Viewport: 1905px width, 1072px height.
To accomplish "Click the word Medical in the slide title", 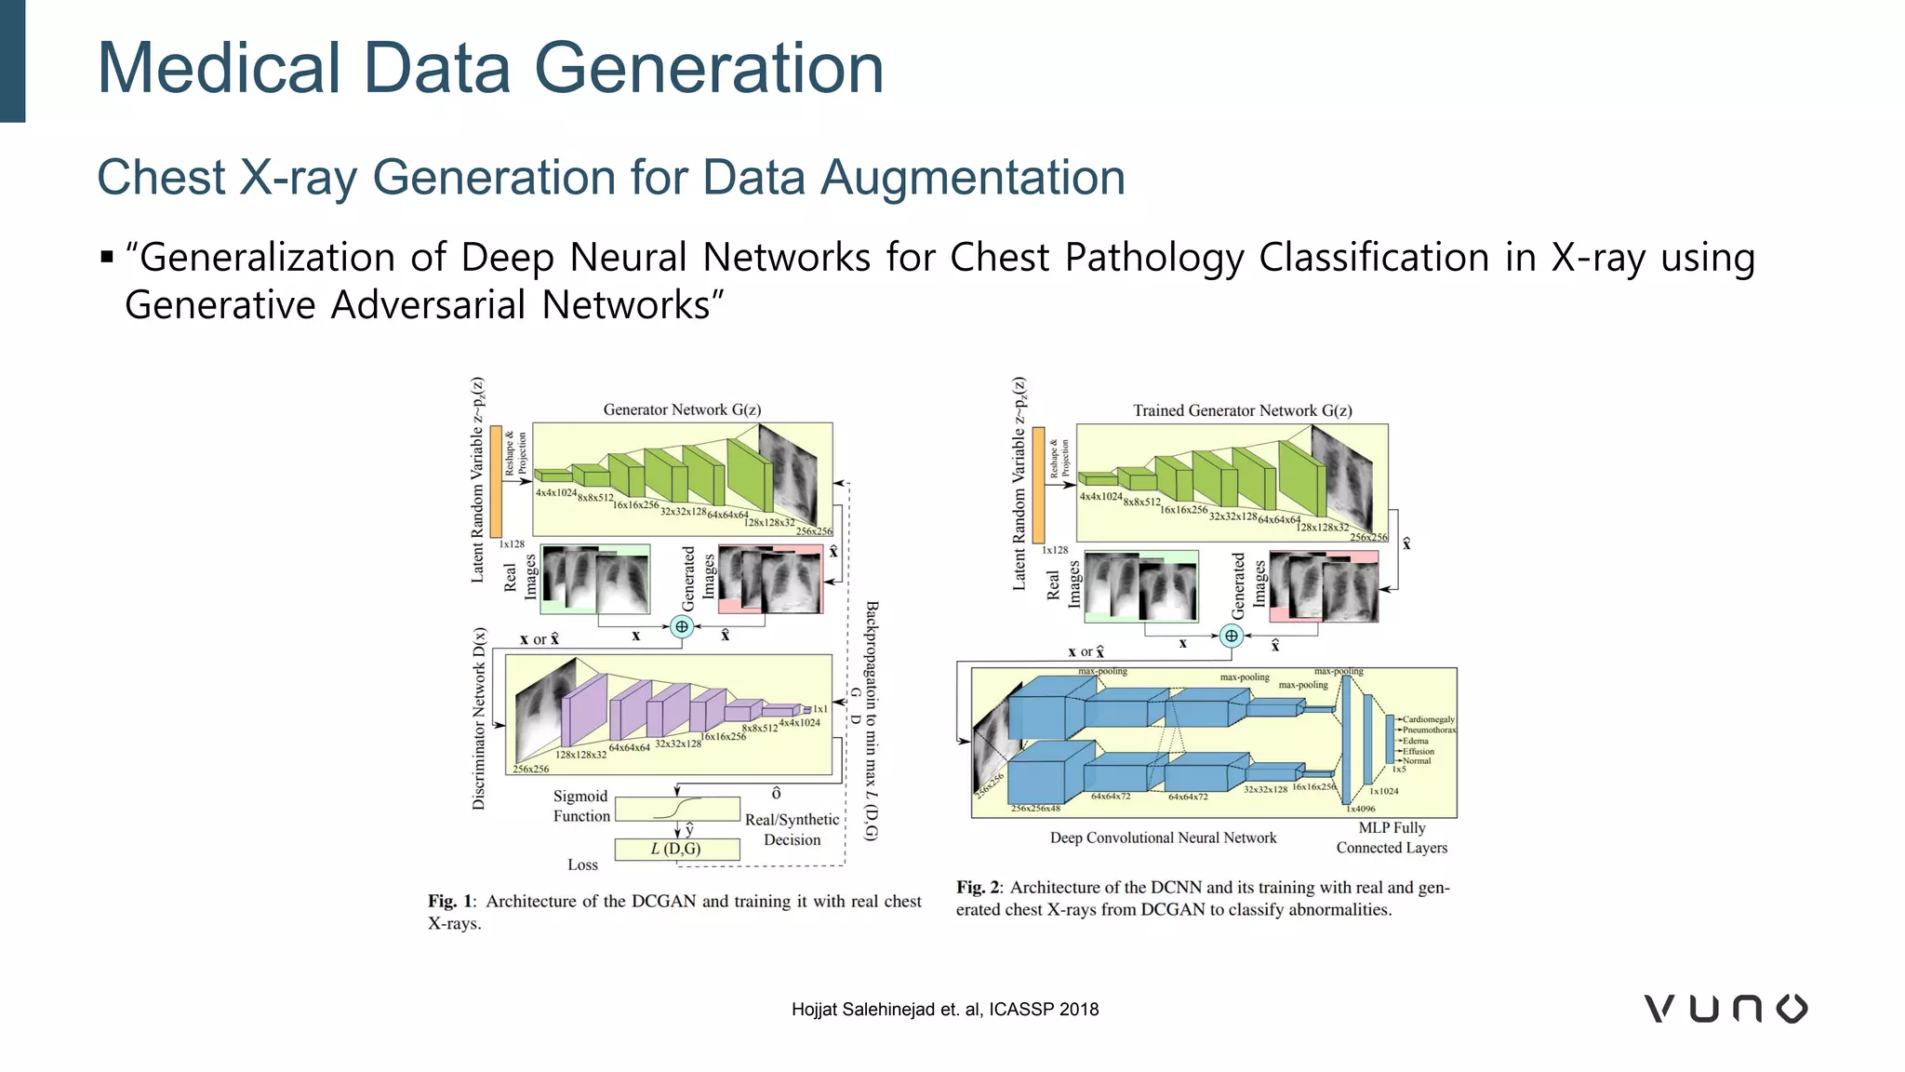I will click(220, 69).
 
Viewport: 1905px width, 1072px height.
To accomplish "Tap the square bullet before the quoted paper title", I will click(107, 257).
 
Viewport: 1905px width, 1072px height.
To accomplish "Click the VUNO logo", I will click(1725, 1009).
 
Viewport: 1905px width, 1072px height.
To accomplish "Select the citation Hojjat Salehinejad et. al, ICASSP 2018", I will click(944, 1010).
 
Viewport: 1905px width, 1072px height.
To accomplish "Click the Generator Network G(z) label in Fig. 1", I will click(682, 409).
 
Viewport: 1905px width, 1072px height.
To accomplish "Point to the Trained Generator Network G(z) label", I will click(1242, 410).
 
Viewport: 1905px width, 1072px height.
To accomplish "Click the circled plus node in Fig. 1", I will click(682, 626).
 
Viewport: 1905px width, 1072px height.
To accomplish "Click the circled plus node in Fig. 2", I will click(1232, 636).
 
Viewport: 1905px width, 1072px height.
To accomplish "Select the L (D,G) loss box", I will click(677, 849).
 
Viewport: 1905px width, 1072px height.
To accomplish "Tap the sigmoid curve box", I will click(677, 808).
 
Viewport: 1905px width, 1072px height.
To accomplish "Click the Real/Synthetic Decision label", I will click(792, 829).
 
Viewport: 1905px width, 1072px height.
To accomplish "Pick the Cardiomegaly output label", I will click(1428, 719).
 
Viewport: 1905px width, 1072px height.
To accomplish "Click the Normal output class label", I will click(1417, 761).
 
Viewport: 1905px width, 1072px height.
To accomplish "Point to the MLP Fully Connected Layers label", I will click(1392, 837).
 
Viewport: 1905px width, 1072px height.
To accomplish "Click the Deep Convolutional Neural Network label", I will click(1163, 837).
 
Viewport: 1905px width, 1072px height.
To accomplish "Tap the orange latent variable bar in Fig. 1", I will click(496, 481).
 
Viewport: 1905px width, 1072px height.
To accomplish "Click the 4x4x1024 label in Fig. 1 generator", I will click(555, 492).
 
